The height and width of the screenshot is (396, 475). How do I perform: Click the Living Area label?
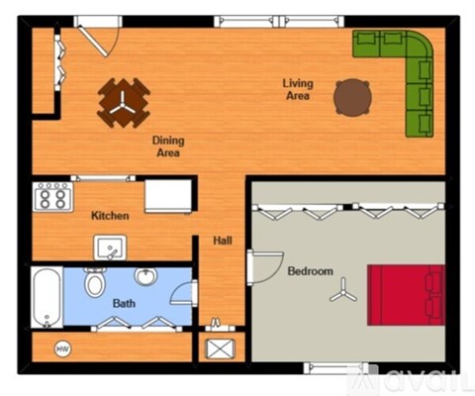(297, 89)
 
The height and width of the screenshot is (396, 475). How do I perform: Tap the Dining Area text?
(168, 147)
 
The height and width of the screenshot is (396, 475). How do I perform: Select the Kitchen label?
(111, 216)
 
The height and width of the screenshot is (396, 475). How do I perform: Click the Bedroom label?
(310, 271)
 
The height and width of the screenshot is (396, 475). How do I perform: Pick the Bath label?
(124, 303)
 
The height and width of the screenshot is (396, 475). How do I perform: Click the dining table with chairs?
(124, 101)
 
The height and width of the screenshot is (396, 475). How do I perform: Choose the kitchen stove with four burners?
(53, 197)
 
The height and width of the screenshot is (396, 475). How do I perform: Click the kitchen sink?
(108, 247)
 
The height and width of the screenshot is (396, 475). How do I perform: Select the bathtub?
(46, 295)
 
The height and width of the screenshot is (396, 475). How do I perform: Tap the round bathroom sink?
(146, 276)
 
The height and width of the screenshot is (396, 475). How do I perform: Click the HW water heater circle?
(62, 348)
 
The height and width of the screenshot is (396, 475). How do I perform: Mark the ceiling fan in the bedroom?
(344, 290)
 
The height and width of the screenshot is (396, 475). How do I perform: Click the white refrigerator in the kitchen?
(167, 195)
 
